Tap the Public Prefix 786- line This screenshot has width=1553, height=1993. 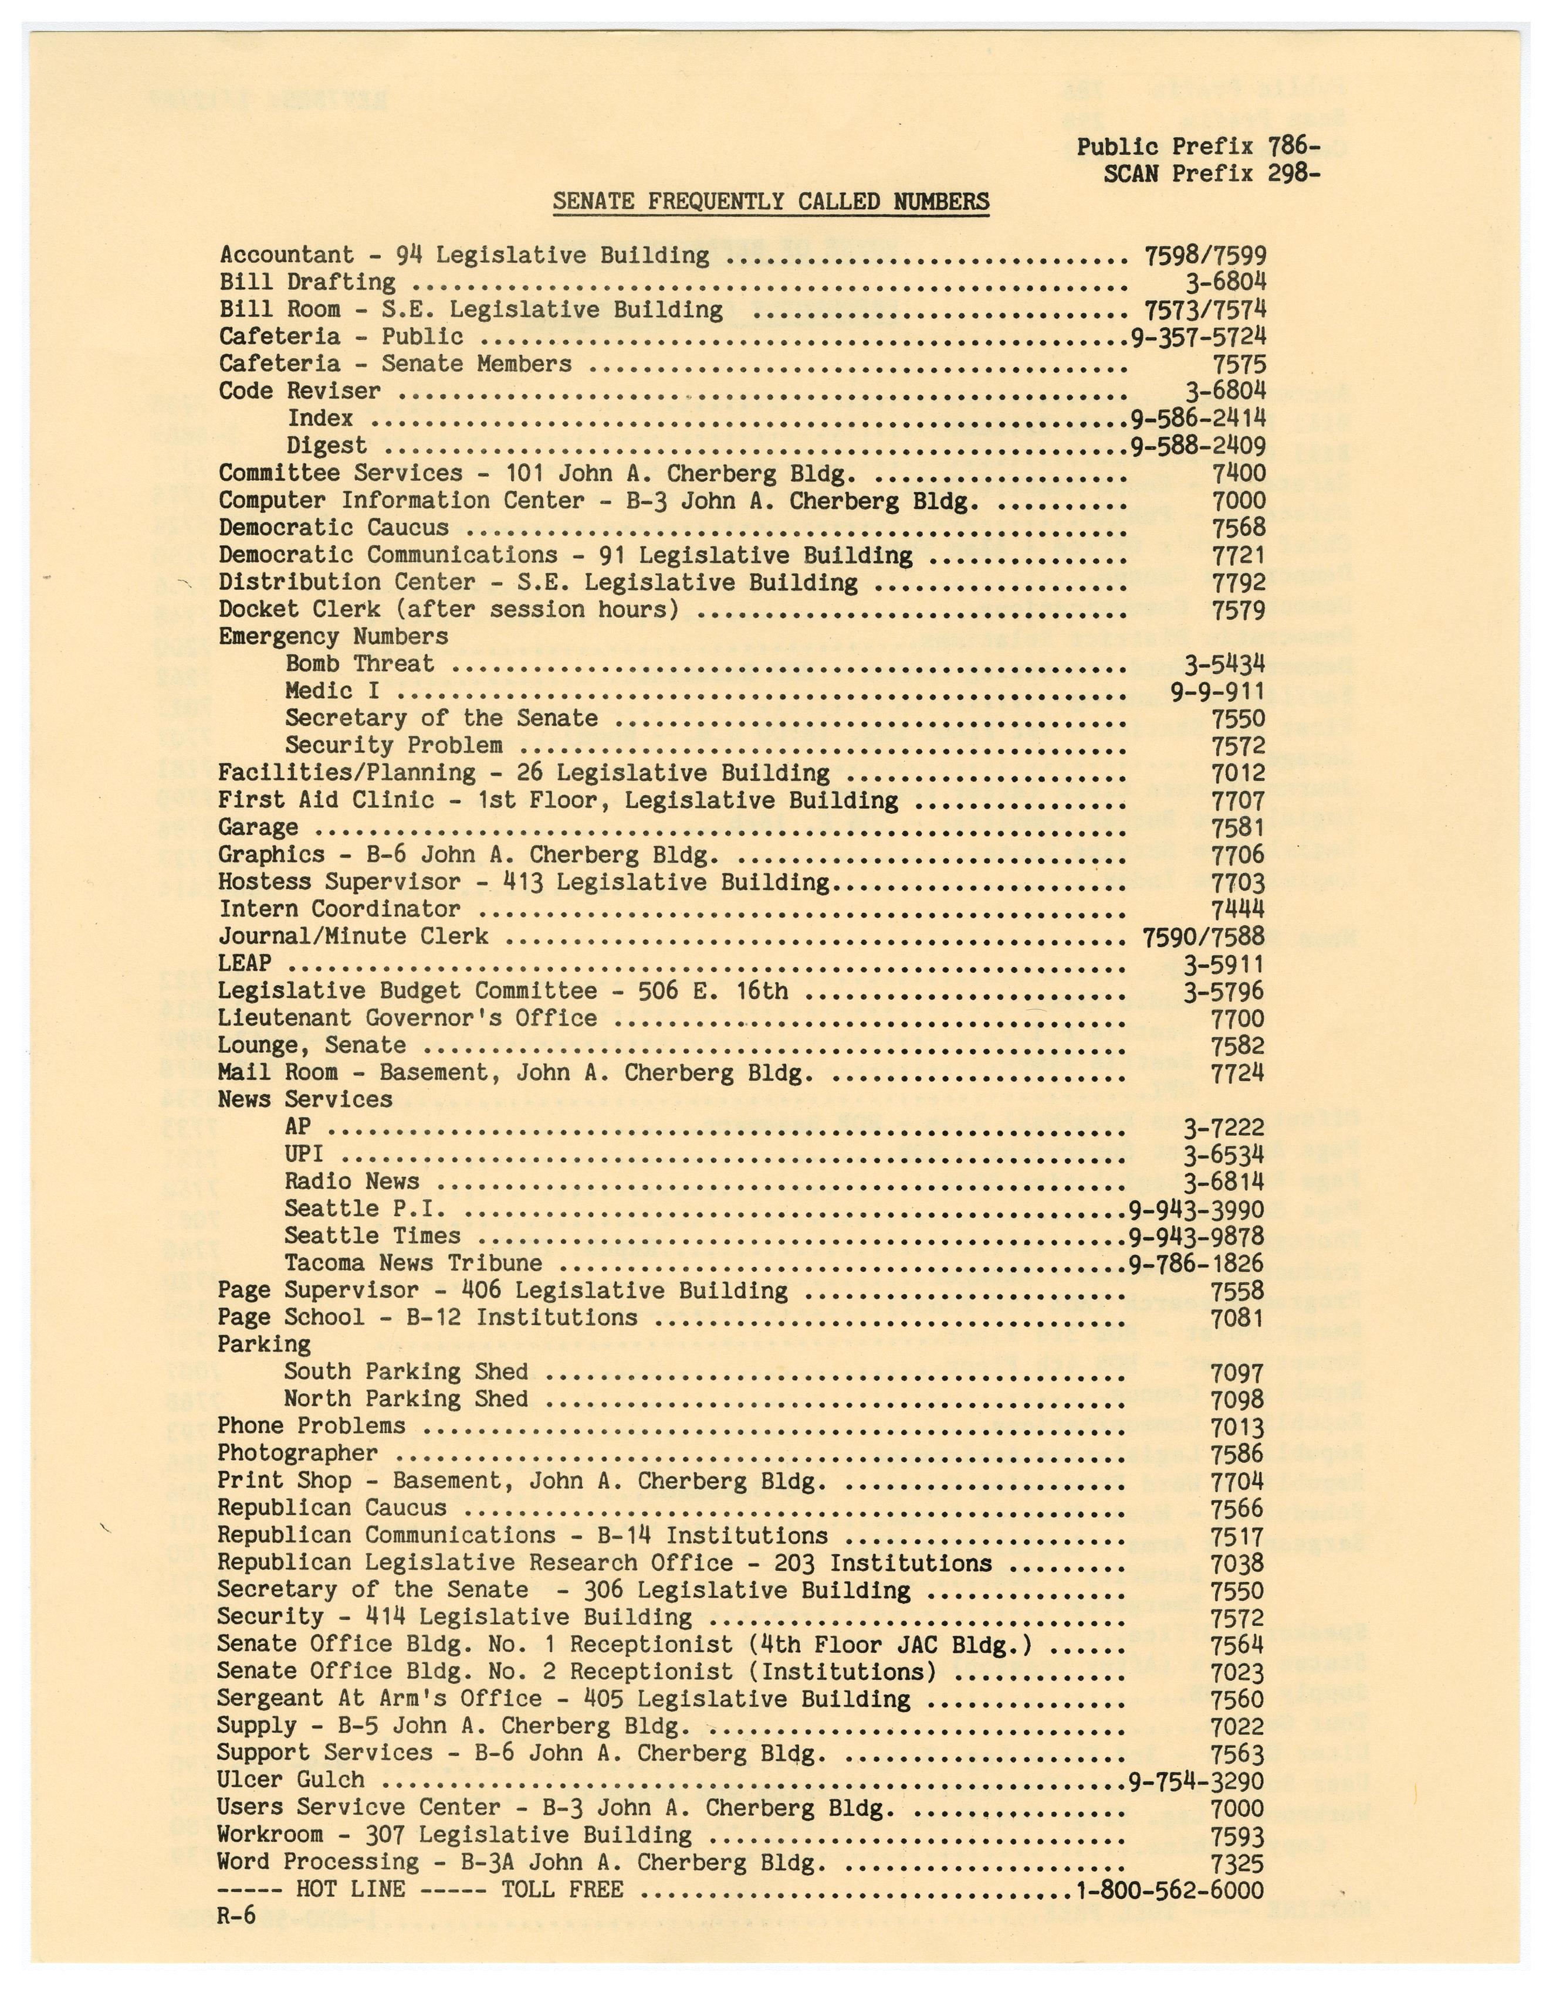pyautogui.click(x=1198, y=147)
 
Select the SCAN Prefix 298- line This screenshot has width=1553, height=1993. pyautogui.click(x=1210, y=174)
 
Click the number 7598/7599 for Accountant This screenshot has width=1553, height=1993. pyautogui.click(x=1204, y=256)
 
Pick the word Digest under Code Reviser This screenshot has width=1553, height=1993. pyautogui.click(x=327, y=446)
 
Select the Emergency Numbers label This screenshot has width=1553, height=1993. pyautogui.click(x=333, y=637)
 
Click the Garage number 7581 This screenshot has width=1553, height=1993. pyautogui.click(x=1237, y=828)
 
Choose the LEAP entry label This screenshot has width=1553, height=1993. pyautogui.click(x=245, y=963)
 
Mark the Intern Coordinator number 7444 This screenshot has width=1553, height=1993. pyautogui.click(x=1237, y=910)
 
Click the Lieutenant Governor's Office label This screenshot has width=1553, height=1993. pyautogui.click(x=407, y=1018)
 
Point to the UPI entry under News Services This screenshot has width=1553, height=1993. pyautogui.click(x=303, y=1155)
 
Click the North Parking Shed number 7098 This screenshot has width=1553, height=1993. pyautogui.click(x=1237, y=1400)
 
